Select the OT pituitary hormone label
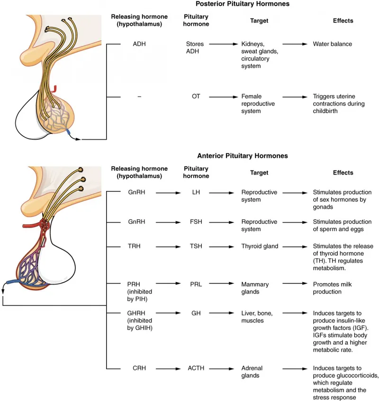(196, 96)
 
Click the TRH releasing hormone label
(134, 246)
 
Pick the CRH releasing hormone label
(134, 368)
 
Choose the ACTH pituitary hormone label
(196, 368)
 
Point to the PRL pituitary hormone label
(196, 285)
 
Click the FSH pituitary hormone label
(196, 222)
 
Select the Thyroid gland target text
(260, 246)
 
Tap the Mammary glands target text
(255, 288)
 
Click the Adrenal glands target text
(252, 372)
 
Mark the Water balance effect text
(332, 45)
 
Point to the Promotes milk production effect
(334, 288)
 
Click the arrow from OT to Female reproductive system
(222, 97)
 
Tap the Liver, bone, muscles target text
(256, 321)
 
